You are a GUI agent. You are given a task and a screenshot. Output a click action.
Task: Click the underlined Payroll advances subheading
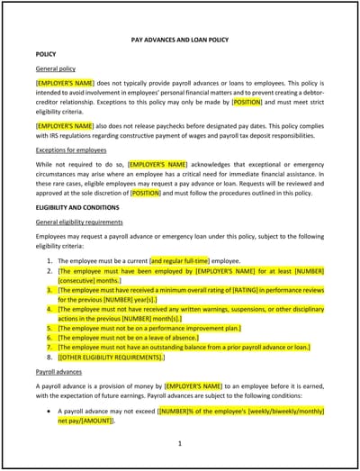[x=58, y=371]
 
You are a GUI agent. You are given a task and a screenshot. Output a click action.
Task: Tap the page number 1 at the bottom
[x=180, y=443]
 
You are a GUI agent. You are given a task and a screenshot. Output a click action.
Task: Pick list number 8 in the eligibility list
[x=49, y=358]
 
